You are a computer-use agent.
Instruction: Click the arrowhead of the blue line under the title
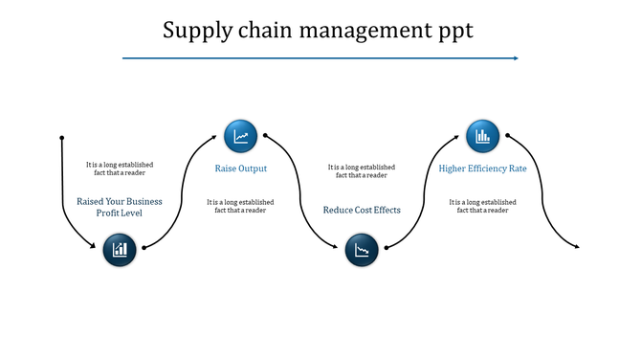click(x=515, y=58)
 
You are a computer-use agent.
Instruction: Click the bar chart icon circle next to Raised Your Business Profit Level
click(x=120, y=251)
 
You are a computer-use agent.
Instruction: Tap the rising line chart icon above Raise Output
click(x=241, y=137)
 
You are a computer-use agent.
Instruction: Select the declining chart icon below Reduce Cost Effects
click(x=362, y=251)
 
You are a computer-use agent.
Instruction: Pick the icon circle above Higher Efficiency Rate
click(x=482, y=137)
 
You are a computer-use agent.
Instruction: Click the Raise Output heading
click(x=240, y=169)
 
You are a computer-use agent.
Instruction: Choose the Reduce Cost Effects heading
click(x=362, y=210)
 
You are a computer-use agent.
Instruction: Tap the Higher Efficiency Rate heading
click(x=482, y=169)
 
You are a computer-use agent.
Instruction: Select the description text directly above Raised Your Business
click(x=120, y=169)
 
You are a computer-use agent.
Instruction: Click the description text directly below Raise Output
click(x=240, y=206)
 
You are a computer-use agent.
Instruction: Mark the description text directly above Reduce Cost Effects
click(x=362, y=171)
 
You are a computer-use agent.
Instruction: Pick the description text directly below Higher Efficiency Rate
click(x=482, y=206)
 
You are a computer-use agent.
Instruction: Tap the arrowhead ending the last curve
click(x=576, y=248)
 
